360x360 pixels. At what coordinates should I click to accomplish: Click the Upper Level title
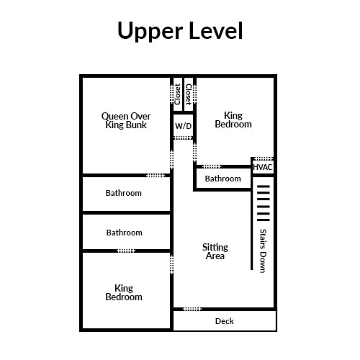pyautogui.click(x=180, y=30)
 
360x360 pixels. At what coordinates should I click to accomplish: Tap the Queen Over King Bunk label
pyautogui.click(x=126, y=120)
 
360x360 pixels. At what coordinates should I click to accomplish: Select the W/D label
pyautogui.click(x=184, y=126)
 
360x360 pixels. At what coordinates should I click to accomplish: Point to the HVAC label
pyautogui.click(x=263, y=167)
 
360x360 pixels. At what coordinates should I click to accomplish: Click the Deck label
pyautogui.click(x=225, y=321)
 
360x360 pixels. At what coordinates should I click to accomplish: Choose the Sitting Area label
pyautogui.click(x=215, y=251)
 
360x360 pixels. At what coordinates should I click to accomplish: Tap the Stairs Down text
pyautogui.click(x=264, y=251)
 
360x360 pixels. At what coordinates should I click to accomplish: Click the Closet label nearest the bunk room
pyautogui.click(x=178, y=94)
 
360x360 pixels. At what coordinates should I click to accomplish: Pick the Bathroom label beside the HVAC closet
pyautogui.click(x=223, y=179)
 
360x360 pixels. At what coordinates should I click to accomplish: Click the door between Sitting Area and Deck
pyautogui.click(x=192, y=309)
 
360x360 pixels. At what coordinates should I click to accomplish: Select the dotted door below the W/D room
pyautogui.click(x=183, y=138)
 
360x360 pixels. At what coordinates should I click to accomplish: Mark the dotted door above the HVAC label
pyautogui.click(x=264, y=158)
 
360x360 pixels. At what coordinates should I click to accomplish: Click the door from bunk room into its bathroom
pyautogui.click(x=156, y=176)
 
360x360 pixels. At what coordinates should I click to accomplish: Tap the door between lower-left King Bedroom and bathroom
pyautogui.click(x=126, y=251)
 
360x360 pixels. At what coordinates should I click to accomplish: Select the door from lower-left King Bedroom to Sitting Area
pyautogui.click(x=171, y=264)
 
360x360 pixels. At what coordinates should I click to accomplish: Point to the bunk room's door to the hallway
pyautogui.click(x=171, y=160)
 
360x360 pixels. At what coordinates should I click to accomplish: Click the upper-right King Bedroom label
pyautogui.click(x=233, y=120)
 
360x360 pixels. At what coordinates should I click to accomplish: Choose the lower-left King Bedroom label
pyautogui.click(x=124, y=292)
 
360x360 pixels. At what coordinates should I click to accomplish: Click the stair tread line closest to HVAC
pyautogui.click(x=264, y=186)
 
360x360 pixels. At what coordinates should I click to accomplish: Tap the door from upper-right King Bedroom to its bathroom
pyautogui.click(x=212, y=166)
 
